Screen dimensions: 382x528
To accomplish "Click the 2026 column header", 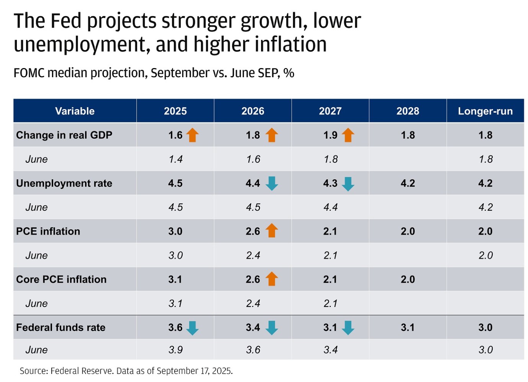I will [253, 111].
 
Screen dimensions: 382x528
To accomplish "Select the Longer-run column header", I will [485, 111].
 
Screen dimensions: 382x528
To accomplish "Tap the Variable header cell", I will [75, 111].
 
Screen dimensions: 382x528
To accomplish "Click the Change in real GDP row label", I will [64, 135].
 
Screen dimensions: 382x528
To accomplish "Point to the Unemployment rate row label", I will [64, 183].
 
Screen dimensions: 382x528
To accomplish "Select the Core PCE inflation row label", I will [61, 279].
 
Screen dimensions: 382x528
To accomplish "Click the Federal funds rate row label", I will [60, 327].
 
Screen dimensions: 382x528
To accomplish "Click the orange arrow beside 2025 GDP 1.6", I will [193, 135].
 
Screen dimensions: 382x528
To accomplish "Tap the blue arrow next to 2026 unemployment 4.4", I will [272, 184].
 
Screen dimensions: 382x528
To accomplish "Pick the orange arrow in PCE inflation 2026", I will [272, 231].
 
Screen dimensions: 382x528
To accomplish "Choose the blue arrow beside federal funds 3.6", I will [193, 328].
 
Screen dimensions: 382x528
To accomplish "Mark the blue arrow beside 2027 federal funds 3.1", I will [348, 328].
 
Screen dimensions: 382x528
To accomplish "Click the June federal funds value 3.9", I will [175, 349].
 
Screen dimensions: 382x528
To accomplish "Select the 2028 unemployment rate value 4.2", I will [408, 183].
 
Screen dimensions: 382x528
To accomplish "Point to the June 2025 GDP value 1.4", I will [175, 159].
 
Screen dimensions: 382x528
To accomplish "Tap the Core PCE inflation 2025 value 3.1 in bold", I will [175, 279].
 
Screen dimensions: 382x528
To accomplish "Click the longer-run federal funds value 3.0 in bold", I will [485, 327].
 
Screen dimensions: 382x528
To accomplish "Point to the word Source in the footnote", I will [33, 371].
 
